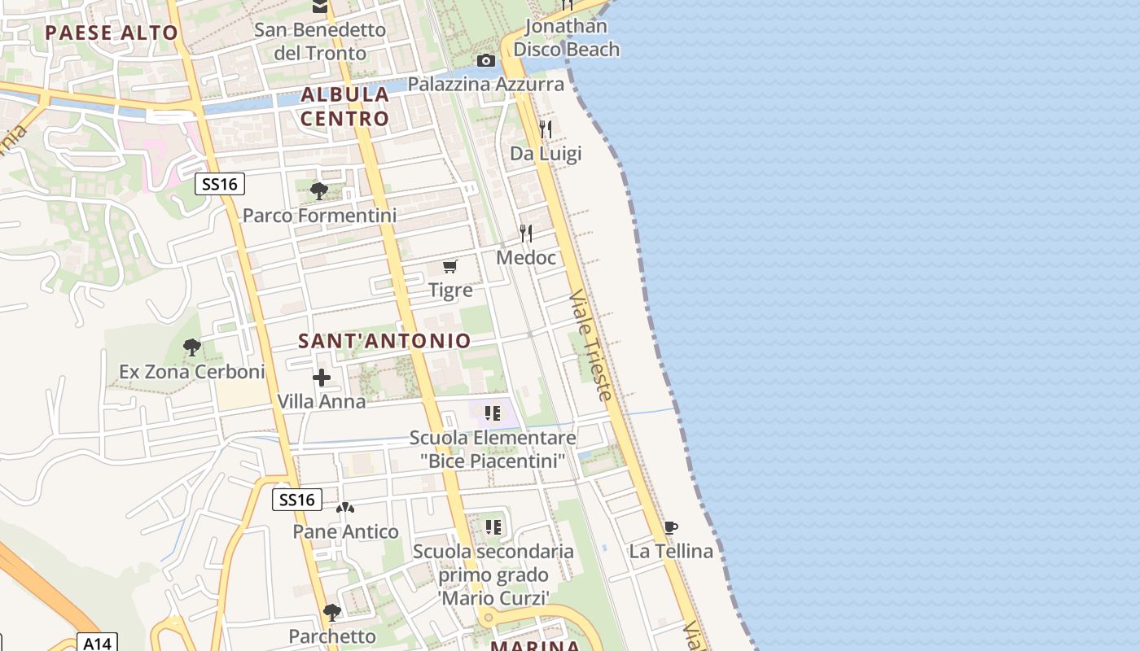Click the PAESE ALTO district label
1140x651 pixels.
click(111, 33)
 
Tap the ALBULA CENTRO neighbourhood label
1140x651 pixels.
click(345, 107)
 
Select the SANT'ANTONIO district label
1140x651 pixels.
click(384, 341)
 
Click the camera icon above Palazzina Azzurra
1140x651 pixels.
click(486, 61)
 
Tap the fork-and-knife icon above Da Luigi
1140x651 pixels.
click(546, 129)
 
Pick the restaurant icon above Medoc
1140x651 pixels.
click(526, 234)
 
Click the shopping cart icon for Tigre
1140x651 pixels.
click(450, 266)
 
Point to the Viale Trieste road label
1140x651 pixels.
click(591, 345)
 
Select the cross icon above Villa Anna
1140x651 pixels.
click(322, 378)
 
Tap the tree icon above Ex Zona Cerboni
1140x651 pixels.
click(192, 348)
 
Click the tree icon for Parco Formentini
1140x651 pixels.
click(319, 191)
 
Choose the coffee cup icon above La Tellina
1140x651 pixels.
click(671, 527)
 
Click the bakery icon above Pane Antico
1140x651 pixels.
click(345, 508)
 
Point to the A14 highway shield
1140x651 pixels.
click(98, 642)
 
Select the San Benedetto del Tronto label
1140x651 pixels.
click(320, 42)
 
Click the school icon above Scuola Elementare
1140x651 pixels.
click(492, 413)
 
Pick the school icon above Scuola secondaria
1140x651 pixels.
click(493, 527)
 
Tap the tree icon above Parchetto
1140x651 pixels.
click(331, 612)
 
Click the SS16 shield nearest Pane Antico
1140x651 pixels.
click(296, 500)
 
